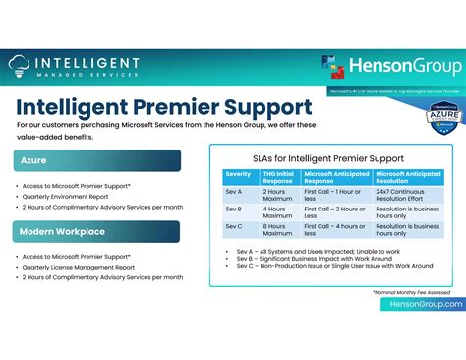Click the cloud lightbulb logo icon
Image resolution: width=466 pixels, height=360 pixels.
click(20, 67)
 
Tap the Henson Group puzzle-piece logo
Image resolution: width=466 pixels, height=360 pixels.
click(335, 67)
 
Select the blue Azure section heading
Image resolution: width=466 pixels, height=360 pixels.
click(96, 160)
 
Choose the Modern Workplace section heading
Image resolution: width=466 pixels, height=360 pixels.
click(96, 231)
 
